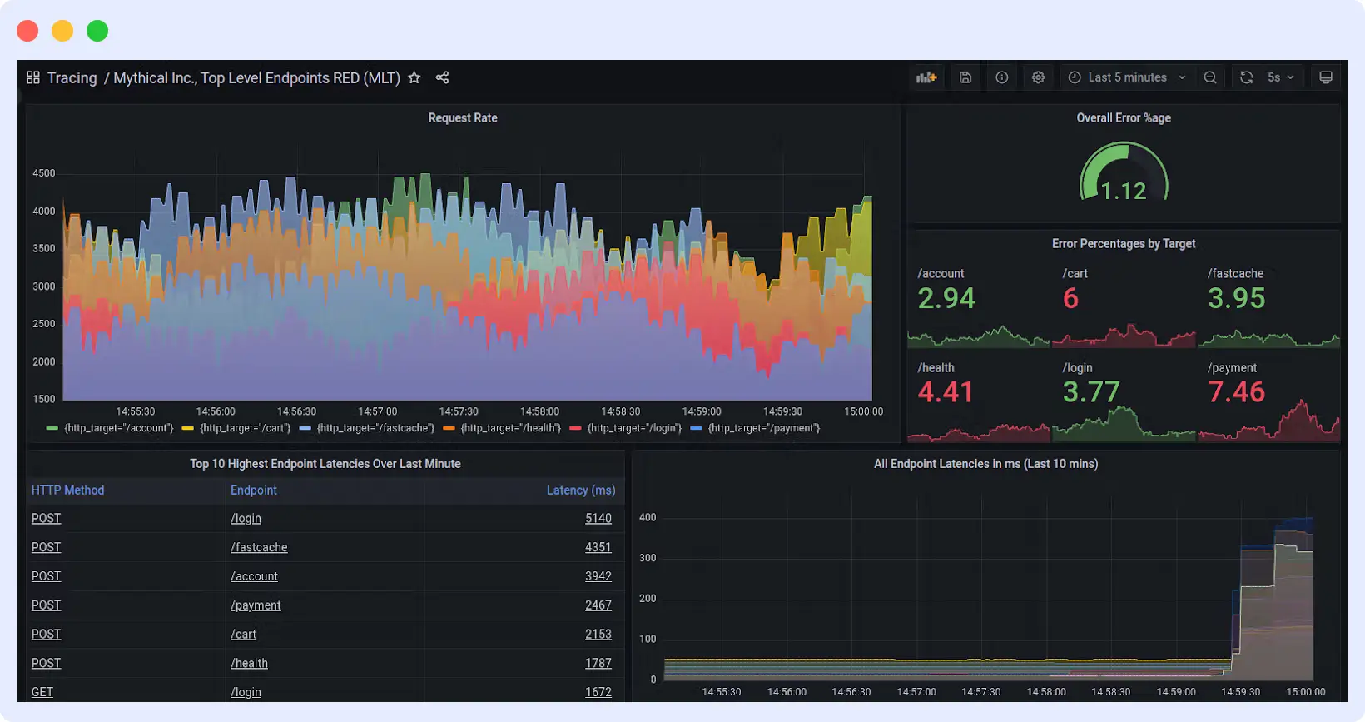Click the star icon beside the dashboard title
coord(414,77)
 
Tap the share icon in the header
coord(442,77)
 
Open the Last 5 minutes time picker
coord(1127,77)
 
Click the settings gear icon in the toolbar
coord(1038,77)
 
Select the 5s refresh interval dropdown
coord(1280,77)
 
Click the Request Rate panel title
coord(463,118)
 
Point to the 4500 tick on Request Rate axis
coord(43,173)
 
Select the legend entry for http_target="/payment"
coord(763,428)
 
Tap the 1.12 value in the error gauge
coord(1124,192)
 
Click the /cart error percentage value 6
coord(1070,298)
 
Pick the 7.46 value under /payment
coord(1236,391)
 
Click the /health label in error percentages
coord(936,367)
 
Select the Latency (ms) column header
coord(580,490)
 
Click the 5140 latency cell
coord(598,518)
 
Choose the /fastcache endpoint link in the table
coord(259,547)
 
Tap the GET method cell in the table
coord(42,692)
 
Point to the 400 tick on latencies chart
coord(648,517)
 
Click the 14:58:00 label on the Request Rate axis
coord(539,411)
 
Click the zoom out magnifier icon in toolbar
coord(1210,77)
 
